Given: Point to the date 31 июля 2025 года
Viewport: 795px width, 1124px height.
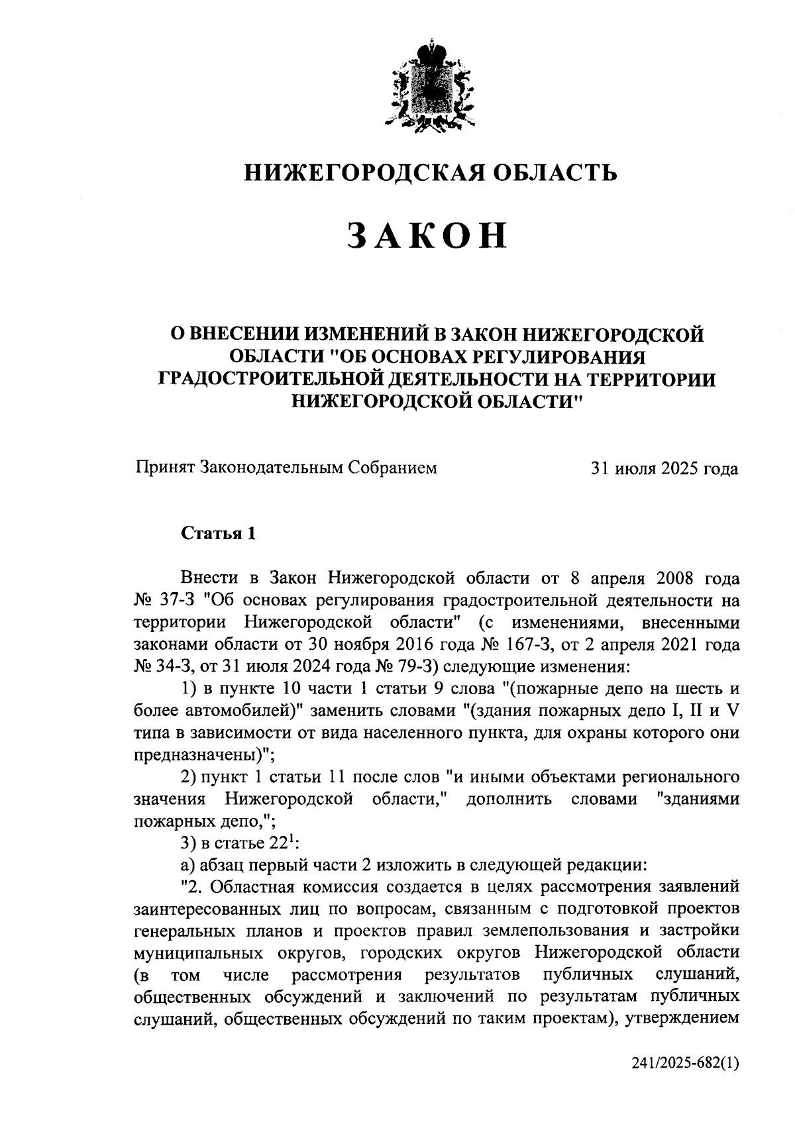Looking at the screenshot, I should pyautogui.click(x=664, y=469).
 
